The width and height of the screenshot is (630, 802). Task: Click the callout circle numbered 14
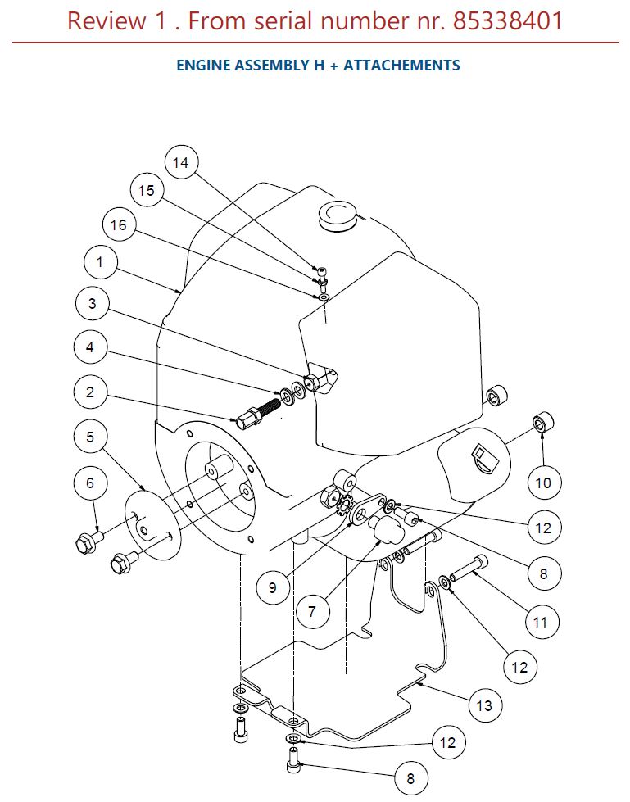(x=181, y=162)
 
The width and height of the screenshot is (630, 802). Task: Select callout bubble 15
(x=147, y=190)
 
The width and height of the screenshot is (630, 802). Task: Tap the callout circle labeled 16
(x=119, y=224)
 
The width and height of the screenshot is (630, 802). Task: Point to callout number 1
(x=100, y=262)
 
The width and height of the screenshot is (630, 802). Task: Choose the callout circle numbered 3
(x=92, y=303)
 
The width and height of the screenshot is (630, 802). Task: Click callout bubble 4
(x=90, y=347)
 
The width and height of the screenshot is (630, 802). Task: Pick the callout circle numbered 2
(x=90, y=392)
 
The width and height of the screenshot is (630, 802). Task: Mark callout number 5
(x=90, y=437)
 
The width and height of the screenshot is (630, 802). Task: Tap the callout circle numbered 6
(x=90, y=483)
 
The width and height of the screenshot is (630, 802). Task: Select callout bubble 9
(x=273, y=587)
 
